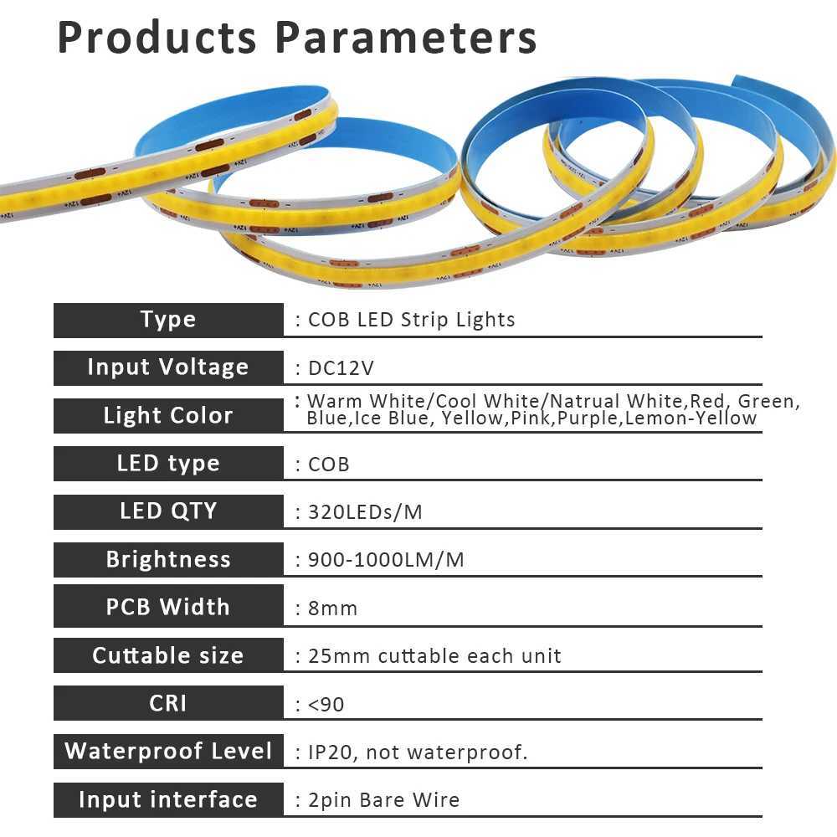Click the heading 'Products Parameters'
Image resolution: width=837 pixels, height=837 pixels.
click(297, 38)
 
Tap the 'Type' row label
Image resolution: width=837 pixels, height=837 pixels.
click(168, 320)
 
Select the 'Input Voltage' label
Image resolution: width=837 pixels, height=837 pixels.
click(168, 367)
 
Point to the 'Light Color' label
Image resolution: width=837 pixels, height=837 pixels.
click(168, 416)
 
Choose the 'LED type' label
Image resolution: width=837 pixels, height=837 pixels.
click(168, 464)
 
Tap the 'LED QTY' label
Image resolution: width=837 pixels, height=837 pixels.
click(168, 511)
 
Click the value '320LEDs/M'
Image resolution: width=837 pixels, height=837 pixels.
click(365, 512)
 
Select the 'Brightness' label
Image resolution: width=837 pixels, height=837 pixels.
click(168, 560)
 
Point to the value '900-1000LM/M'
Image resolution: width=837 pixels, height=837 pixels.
click(386, 560)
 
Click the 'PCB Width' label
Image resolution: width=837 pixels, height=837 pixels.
click(168, 608)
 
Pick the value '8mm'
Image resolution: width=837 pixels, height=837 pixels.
click(333, 608)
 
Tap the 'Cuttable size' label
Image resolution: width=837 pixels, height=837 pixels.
click(168, 655)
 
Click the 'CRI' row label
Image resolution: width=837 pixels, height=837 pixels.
click(168, 703)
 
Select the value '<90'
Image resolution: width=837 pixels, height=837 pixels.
click(326, 705)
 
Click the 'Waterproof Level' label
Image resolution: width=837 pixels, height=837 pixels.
click(168, 751)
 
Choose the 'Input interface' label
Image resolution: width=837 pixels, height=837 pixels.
click(168, 799)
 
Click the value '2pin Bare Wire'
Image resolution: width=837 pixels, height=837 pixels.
click(383, 800)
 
